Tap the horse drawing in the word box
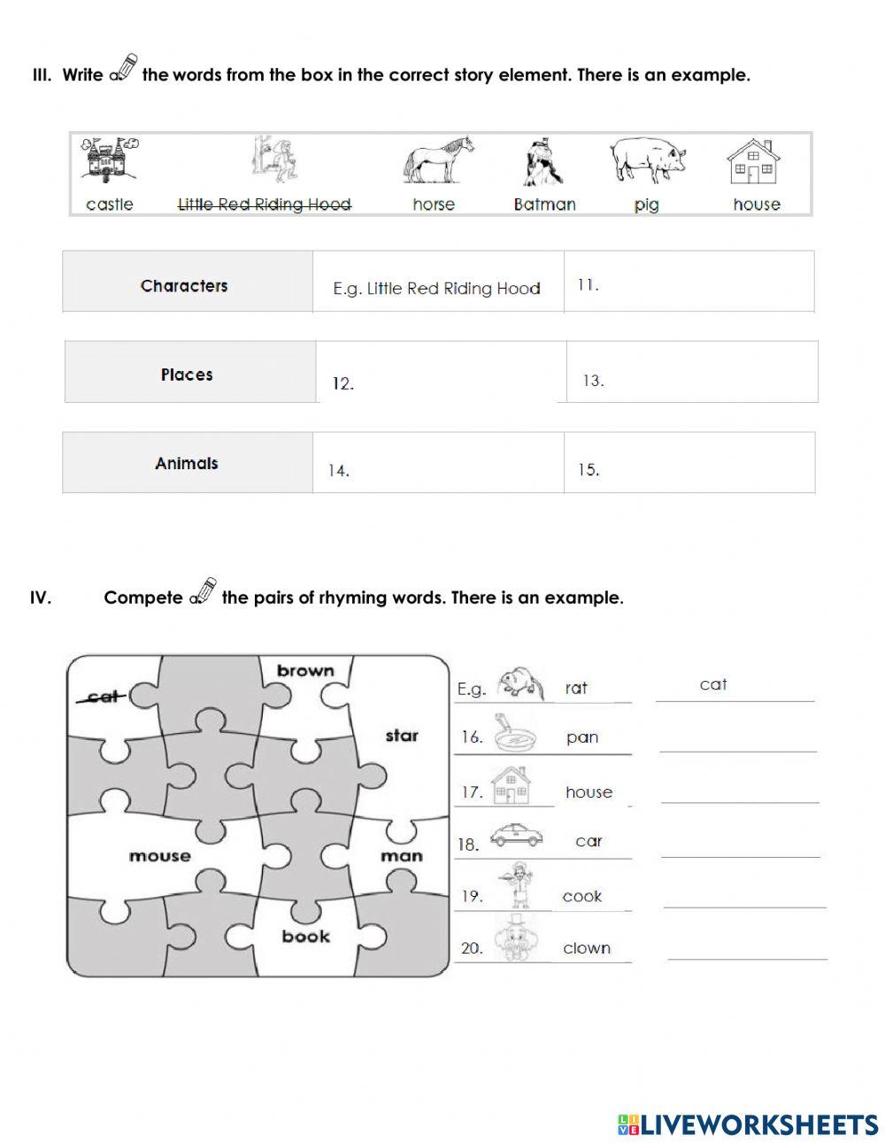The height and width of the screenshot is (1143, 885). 438,162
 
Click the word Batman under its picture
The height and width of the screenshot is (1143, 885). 544,205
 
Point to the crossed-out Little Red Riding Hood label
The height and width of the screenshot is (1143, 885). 265,205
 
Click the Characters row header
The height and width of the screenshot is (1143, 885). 184,285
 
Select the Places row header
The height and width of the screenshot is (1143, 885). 187,375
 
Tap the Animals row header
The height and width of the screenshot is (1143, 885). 186,463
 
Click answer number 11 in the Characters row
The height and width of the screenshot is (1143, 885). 689,285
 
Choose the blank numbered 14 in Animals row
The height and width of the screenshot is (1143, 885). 438,470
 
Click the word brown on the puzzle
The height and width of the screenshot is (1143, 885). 305,670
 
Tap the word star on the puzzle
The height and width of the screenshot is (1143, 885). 401,736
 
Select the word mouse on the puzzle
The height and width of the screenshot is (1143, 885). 159,856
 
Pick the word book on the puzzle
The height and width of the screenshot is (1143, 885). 305,937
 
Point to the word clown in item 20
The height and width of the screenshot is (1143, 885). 587,948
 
